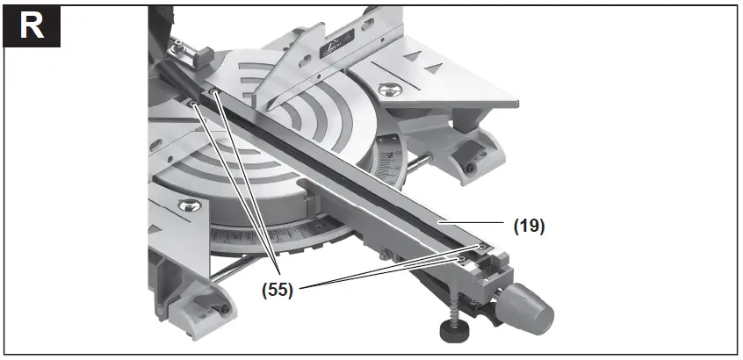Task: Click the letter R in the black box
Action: tap(31, 25)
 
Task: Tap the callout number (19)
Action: tap(529, 226)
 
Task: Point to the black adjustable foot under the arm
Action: tap(453, 330)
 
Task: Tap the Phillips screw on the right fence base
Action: tap(385, 88)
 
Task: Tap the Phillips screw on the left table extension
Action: tap(187, 205)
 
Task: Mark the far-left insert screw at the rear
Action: tap(191, 103)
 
